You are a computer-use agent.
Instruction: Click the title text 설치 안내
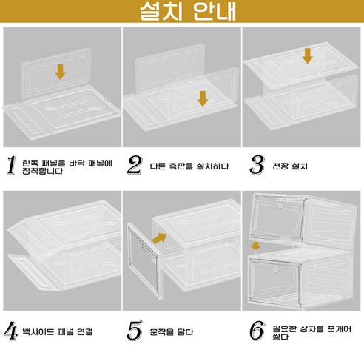182,13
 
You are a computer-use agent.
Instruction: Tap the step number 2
134,165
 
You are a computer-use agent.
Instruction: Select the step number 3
257,165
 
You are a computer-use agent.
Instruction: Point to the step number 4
11,331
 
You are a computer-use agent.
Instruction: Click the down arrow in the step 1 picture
60,71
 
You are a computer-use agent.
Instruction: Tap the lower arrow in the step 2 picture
201,98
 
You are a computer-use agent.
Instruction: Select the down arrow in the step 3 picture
307,55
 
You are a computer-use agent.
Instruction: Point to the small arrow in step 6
255,245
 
